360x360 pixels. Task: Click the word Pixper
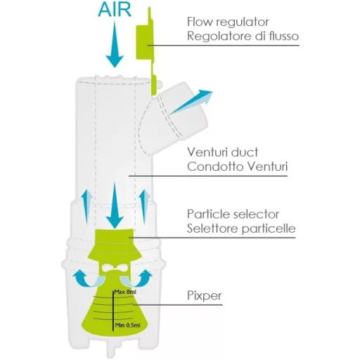pos(205,296)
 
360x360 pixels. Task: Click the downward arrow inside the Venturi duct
pos(114,200)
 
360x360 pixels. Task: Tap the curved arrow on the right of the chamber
pos(145,276)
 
